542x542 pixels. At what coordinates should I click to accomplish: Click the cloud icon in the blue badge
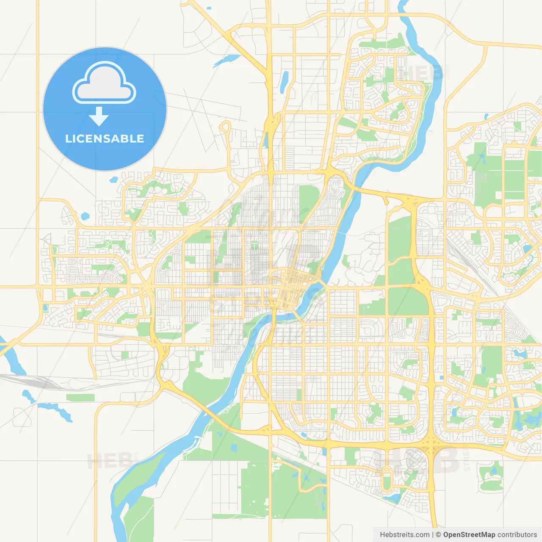click(104, 83)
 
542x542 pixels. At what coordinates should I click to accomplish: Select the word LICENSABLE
click(104, 139)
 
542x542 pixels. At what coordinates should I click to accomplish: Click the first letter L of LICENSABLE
click(68, 139)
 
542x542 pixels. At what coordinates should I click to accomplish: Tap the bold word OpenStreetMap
click(469, 535)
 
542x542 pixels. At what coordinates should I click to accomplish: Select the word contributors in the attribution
click(517, 535)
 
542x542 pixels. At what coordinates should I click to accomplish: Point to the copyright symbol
click(438, 535)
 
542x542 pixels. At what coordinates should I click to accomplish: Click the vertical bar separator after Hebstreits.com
click(433, 535)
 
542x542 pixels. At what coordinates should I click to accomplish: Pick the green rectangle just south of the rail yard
click(80, 398)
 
